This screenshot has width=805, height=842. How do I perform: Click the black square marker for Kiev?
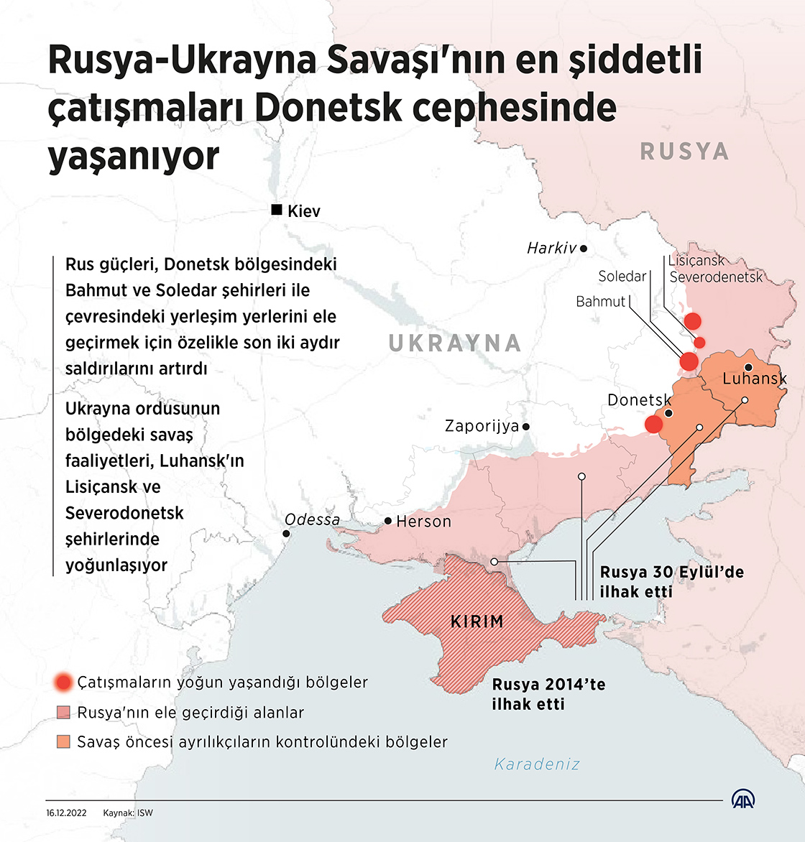point(276,210)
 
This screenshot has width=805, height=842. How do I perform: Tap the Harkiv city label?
point(551,249)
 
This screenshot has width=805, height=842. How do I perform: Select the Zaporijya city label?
point(482,426)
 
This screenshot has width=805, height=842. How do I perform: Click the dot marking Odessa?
point(286,534)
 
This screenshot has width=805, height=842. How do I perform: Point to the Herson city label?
point(423,522)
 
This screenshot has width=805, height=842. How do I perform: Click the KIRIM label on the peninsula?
point(477,621)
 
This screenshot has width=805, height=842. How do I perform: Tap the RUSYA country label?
point(684,152)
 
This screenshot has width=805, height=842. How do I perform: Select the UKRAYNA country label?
point(455,343)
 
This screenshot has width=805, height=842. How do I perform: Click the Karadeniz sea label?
point(537,764)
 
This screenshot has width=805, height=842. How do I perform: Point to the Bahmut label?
point(601,302)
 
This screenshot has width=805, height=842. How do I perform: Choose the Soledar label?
point(622,277)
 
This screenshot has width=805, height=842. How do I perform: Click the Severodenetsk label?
point(716,277)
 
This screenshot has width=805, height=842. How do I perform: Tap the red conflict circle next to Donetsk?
point(653,424)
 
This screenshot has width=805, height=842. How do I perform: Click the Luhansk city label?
point(754,379)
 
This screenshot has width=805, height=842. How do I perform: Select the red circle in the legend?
point(64,683)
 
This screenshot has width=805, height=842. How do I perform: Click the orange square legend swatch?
point(63,742)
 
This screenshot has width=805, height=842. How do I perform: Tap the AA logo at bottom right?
point(743,800)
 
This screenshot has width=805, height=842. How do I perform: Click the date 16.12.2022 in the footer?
point(66,813)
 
